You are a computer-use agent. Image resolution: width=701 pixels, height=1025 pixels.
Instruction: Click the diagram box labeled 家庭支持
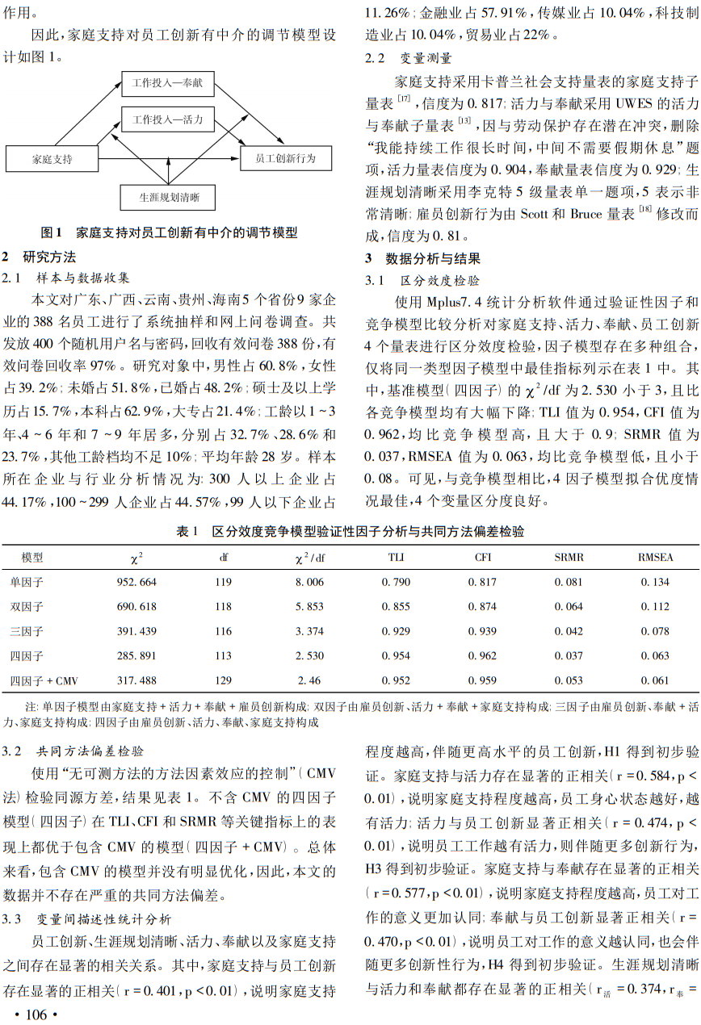(52, 159)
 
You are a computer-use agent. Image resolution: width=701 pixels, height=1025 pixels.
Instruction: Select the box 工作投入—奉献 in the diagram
(168, 82)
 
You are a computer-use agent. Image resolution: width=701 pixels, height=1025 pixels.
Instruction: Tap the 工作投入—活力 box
(168, 120)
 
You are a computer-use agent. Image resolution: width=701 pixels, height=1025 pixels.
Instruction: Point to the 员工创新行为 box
(285, 159)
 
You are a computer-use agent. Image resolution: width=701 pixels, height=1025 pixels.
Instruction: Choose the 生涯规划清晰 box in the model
(170, 197)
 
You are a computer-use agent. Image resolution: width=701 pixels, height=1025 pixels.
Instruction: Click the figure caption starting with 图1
(170, 233)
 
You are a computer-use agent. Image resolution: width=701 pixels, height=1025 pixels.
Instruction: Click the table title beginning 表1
(350, 532)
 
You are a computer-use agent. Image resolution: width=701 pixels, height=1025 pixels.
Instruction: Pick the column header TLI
(395, 558)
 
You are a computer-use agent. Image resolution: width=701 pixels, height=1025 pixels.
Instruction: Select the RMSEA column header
(655, 558)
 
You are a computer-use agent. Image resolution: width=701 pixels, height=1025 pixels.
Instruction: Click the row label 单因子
(27, 582)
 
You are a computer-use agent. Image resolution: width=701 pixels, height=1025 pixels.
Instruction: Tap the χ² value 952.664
(136, 582)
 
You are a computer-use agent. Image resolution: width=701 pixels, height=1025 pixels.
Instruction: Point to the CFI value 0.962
(483, 656)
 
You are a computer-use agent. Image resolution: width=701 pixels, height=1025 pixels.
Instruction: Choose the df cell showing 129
(224, 681)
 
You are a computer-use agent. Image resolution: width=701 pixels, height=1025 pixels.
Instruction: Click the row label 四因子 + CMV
(44, 681)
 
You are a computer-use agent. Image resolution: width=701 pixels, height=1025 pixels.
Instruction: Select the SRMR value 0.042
(569, 631)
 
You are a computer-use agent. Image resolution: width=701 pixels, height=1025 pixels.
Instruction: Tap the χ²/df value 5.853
(309, 607)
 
